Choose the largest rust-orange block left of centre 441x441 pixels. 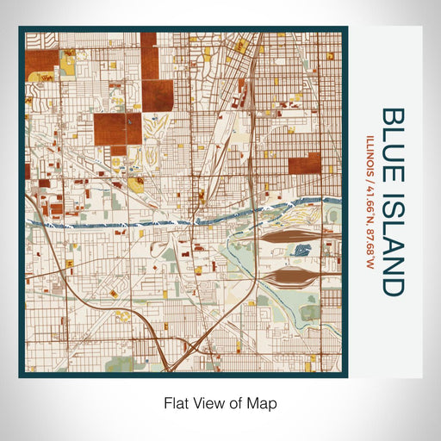pyautogui.click(x=117, y=128)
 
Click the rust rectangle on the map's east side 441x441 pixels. pyautogui.click(x=304, y=164)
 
